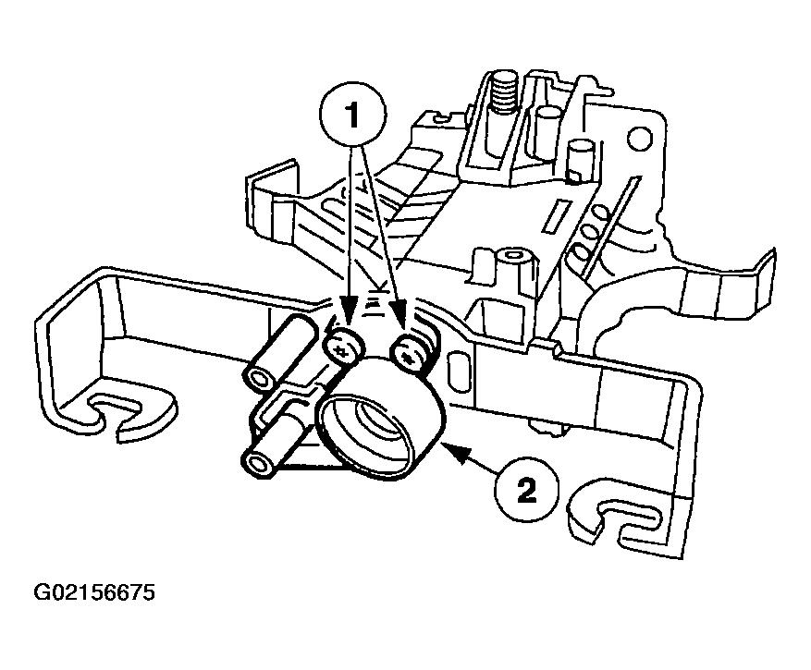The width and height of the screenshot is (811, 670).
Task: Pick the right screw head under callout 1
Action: (407, 351)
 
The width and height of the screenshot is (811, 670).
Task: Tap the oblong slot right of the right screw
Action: (455, 368)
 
